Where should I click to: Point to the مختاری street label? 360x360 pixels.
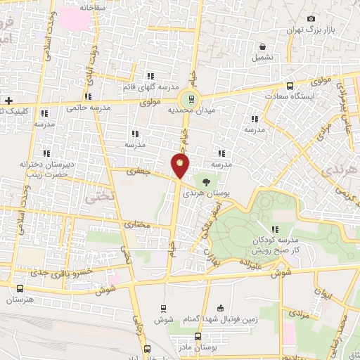click(137, 225)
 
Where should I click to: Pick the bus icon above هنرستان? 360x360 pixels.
click(20, 289)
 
